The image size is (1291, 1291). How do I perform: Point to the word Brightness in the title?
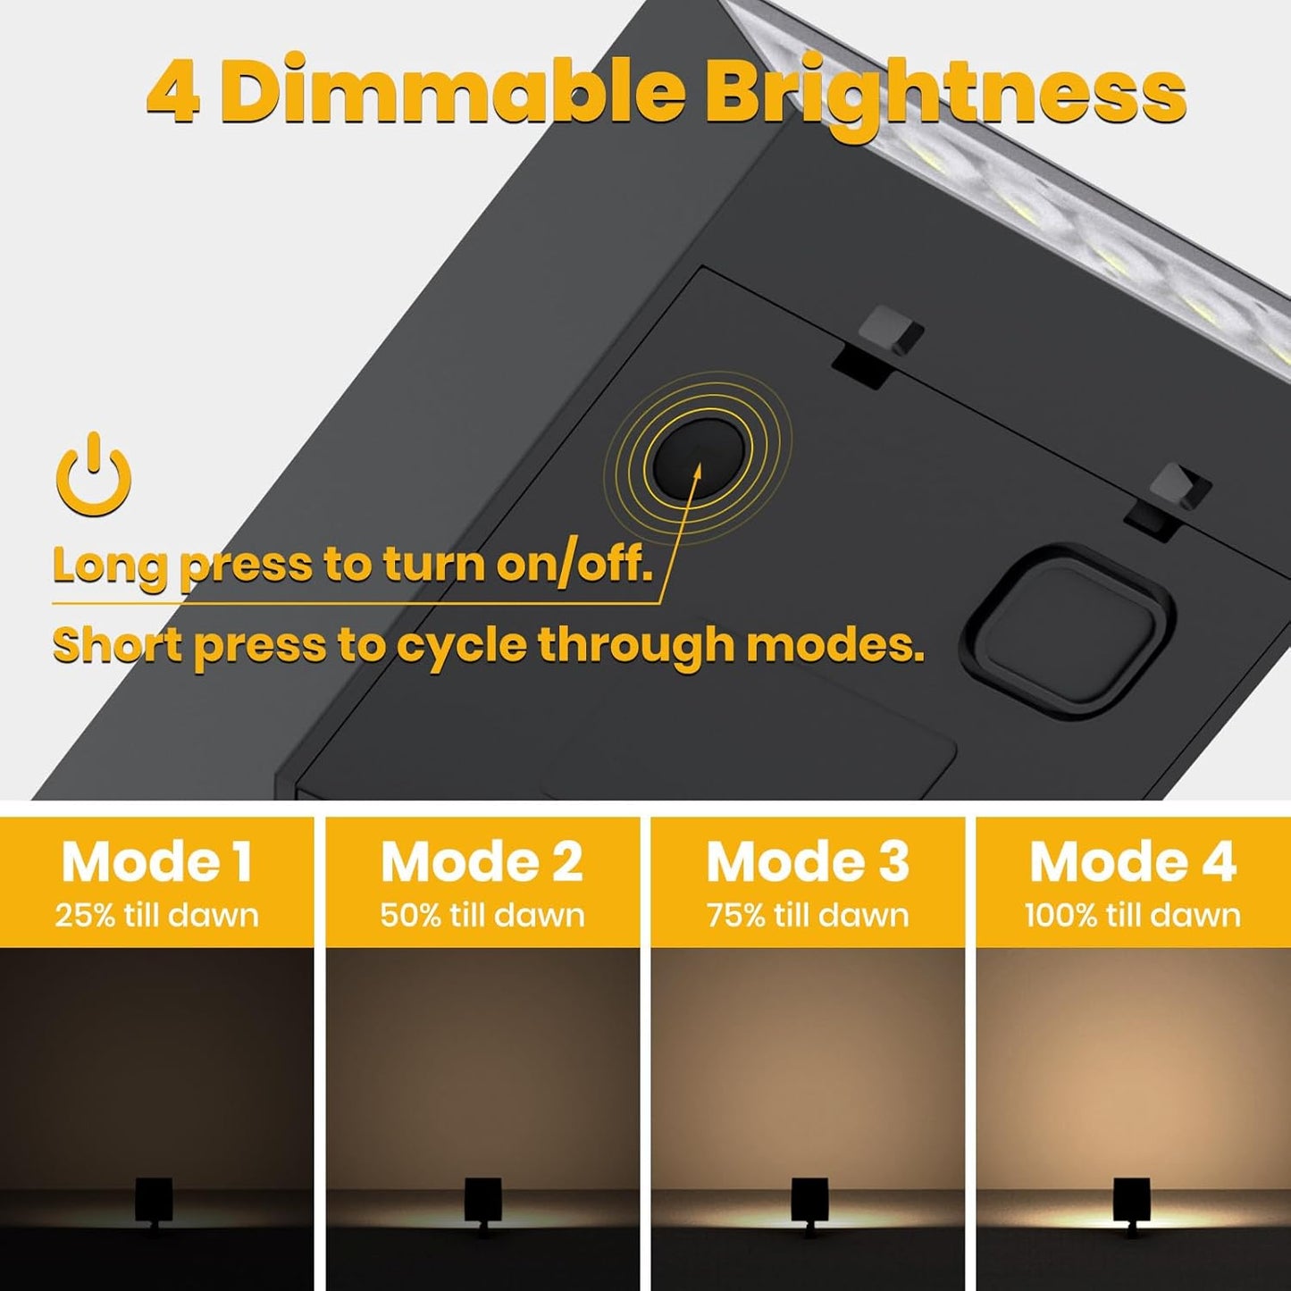944,95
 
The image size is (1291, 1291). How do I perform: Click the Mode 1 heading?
156,862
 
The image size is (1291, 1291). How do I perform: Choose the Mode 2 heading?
482,862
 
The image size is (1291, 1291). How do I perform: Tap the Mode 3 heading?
808,862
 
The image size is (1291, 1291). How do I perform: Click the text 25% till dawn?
156,915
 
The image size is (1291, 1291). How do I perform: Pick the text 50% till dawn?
482,915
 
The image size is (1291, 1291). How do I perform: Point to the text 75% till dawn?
808,915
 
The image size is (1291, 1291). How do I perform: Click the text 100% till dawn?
1133,915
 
